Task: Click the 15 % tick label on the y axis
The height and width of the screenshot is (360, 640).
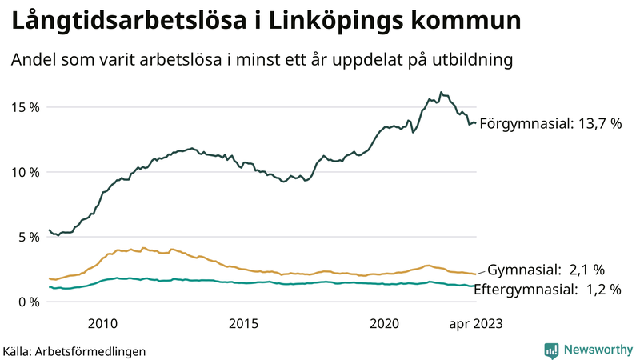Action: click(25, 107)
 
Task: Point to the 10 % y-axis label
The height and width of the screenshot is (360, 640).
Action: click(25, 172)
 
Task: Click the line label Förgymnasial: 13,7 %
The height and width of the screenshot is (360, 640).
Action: click(550, 124)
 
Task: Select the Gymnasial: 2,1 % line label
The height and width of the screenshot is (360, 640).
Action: click(546, 269)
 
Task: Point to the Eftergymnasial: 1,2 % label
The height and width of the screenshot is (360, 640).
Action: click(547, 290)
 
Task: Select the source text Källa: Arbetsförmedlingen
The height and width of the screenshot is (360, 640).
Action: click(74, 351)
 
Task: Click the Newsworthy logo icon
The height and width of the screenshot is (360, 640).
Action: click(551, 350)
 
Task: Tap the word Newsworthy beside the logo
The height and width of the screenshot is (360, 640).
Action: click(596, 350)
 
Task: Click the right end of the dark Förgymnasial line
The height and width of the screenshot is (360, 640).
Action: click(476, 123)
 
